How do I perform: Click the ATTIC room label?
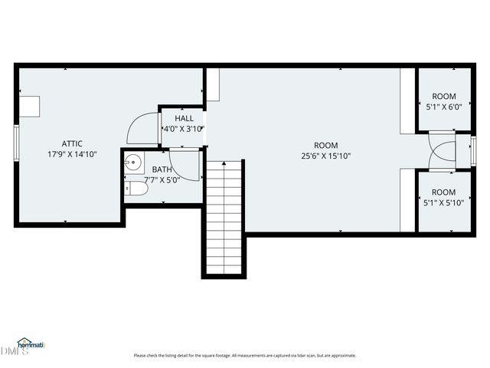pyautogui.click(x=72, y=143)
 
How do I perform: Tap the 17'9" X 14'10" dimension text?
pyautogui.click(x=72, y=154)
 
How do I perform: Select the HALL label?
pyautogui.click(x=184, y=119)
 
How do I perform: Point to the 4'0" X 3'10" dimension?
pyautogui.click(x=184, y=130)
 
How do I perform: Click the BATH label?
pyautogui.click(x=162, y=169)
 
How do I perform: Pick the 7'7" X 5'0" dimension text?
pyautogui.click(x=162, y=180)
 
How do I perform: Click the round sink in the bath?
pyautogui.click(x=133, y=162)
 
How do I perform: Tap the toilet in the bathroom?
pyautogui.click(x=136, y=189)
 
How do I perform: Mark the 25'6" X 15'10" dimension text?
pyautogui.click(x=325, y=156)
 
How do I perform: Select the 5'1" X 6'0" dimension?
pyautogui.click(x=443, y=107)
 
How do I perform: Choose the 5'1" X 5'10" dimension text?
pyautogui.click(x=443, y=203)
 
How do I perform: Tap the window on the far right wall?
pyautogui.click(x=472, y=150)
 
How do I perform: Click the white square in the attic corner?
pyautogui.click(x=31, y=106)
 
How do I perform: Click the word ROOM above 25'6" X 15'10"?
pyautogui.click(x=325, y=146)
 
